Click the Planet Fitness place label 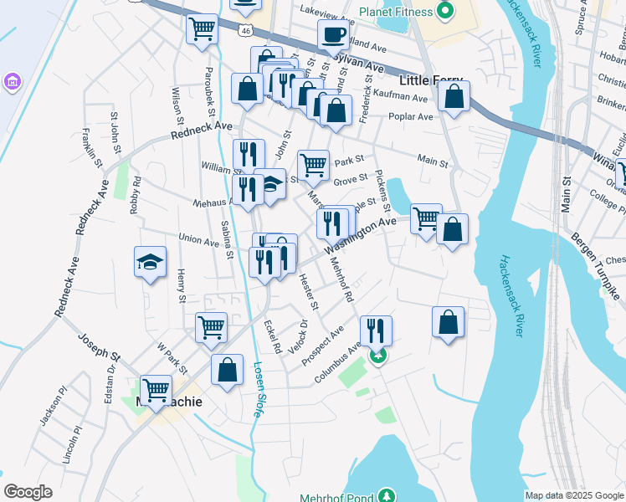click(x=396, y=12)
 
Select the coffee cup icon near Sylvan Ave click(x=333, y=35)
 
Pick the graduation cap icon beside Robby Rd click(x=150, y=263)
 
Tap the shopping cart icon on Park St click(x=313, y=165)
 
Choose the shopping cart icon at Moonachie click(x=156, y=389)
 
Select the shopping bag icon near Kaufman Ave click(x=454, y=96)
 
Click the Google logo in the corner click(x=28, y=492)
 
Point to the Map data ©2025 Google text click(x=573, y=495)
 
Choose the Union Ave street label click(x=199, y=239)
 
